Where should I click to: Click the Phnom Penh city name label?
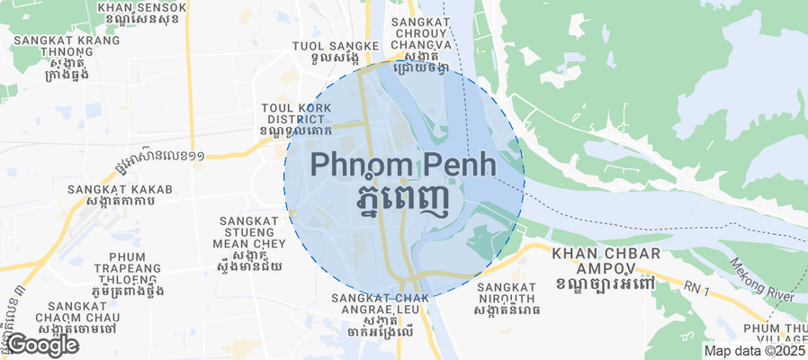403,165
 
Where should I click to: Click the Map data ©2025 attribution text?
754,351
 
